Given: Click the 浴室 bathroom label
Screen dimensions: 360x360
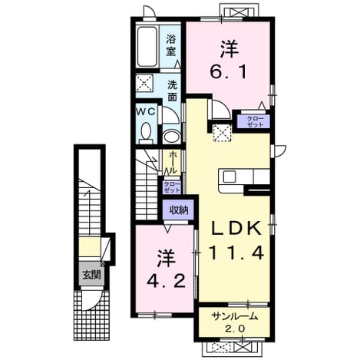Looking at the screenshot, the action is [x=171, y=45].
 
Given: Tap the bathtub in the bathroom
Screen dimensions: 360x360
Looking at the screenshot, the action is [x=147, y=46].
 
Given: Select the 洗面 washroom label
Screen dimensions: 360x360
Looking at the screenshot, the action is [x=172, y=91].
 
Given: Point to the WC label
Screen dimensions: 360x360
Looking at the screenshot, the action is [x=146, y=111].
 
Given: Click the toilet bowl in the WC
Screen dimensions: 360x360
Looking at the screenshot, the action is [x=146, y=132].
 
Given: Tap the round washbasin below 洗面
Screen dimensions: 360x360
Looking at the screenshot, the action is [x=171, y=137].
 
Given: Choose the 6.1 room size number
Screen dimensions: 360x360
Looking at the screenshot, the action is [x=228, y=71].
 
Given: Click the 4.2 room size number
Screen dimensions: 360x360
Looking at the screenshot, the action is [x=166, y=281].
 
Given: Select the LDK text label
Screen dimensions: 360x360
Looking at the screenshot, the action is [x=236, y=228].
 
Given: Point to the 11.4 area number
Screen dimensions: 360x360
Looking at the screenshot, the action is [x=236, y=253].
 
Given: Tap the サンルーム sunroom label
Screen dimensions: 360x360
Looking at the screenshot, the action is [x=234, y=316].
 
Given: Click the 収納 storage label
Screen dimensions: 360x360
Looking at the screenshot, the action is [x=179, y=210].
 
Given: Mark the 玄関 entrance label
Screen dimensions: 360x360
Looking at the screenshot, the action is [x=91, y=276].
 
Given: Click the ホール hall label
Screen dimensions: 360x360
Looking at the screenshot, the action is [x=173, y=162].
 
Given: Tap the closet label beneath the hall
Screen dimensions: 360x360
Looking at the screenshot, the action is [x=172, y=187].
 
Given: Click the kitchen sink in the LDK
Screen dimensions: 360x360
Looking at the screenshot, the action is [x=230, y=177].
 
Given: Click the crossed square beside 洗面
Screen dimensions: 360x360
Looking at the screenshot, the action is [x=144, y=83].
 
